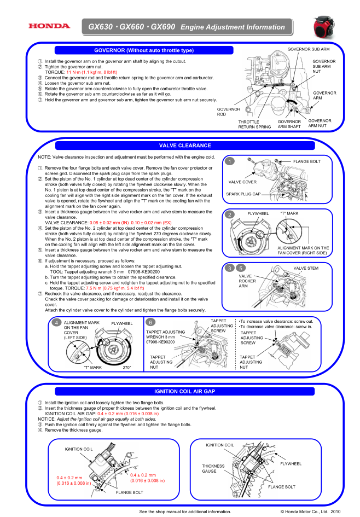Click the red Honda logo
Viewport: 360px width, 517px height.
pos(49,26)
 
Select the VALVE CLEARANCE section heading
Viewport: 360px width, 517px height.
pos(185,146)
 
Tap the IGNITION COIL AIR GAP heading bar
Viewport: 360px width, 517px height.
pos(184,391)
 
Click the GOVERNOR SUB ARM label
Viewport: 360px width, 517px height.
pos(308,49)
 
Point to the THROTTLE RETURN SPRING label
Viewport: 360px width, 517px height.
pos(254,124)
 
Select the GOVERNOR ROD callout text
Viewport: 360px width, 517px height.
pos(229,112)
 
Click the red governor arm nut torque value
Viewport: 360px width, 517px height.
pos(92,72)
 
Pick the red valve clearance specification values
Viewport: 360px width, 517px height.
pos(131,223)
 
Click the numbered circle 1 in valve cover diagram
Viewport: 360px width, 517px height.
pos(230,161)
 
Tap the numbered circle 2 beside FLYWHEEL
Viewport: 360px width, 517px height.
pos(230,214)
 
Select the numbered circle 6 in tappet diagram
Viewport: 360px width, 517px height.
pos(150,322)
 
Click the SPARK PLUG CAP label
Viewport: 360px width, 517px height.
pos(243,194)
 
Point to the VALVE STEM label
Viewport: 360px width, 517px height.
pos(306,269)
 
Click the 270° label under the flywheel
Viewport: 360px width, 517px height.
pos(126,367)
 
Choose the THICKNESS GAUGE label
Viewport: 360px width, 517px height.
pos(213,468)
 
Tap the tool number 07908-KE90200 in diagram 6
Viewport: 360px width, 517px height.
pos(160,342)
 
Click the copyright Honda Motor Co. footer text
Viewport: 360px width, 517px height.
pos(310,512)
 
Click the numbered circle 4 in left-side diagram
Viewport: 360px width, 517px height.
pos(56,323)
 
